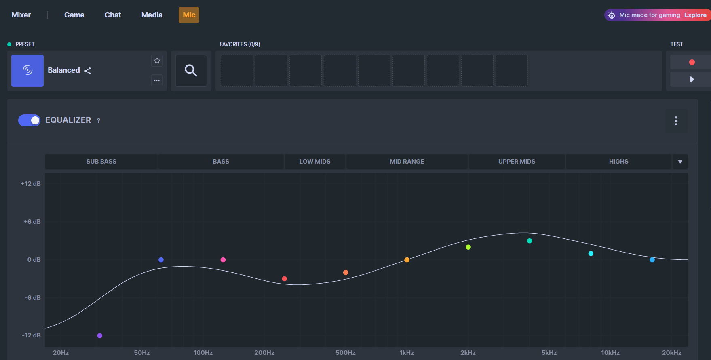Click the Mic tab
tap(189, 15)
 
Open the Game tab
tap(74, 15)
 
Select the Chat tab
tap(113, 15)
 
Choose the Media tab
tap(152, 15)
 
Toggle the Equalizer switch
tap(29, 120)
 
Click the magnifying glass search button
tap(191, 71)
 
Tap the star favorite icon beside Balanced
tap(157, 61)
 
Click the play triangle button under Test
tap(692, 79)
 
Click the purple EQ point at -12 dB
tap(100, 335)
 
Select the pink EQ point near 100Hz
tap(223, 260)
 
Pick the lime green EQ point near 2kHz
tap(468, 247)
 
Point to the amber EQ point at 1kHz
tap(407, 260)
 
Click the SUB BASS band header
tap(101, 162)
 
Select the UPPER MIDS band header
tap(517, 162)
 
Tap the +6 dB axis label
tap(32, 221)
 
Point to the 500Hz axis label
tap(346, 353)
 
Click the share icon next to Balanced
tap(88, 71)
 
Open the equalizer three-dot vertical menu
tap(676, 121)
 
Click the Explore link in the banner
tap(695, 15)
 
